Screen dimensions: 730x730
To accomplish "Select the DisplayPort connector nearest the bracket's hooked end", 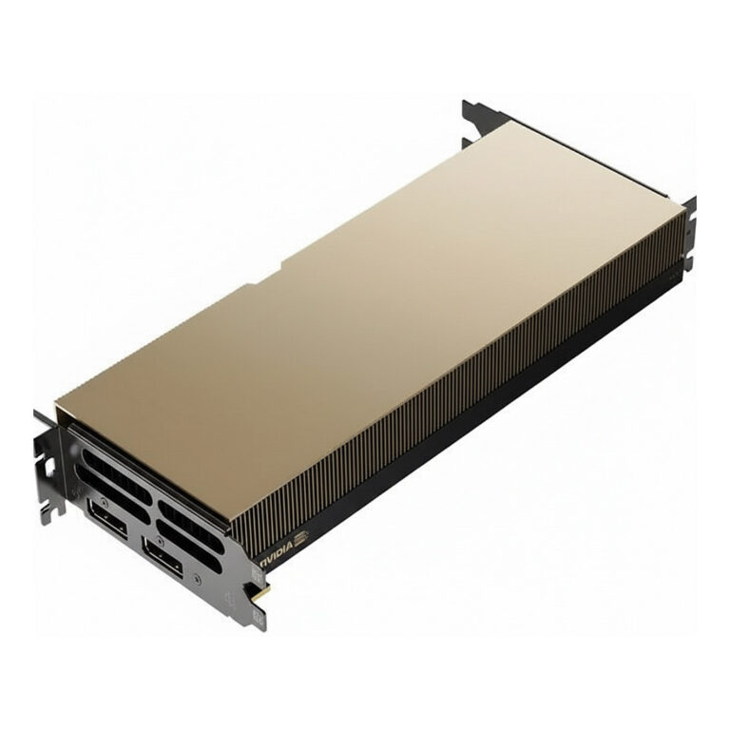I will pyautogui.click(x=107, y=513).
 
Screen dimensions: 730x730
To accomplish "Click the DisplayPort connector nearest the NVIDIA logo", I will pyautogui.click(x=163, y=555).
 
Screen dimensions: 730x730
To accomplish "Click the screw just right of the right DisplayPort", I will pyautogui.click(x=197, y=579).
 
